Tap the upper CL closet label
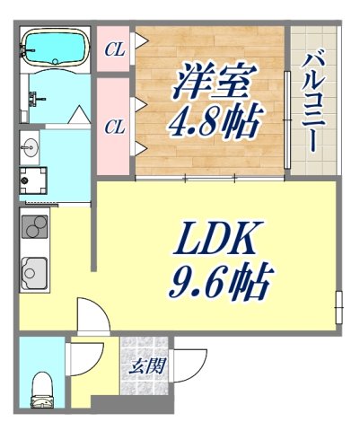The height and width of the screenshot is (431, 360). pos(114,49)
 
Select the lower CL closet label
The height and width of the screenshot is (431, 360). pos(114,127)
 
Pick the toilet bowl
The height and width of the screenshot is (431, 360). pos(42,388)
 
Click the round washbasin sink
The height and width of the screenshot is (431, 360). pos(29,148)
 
